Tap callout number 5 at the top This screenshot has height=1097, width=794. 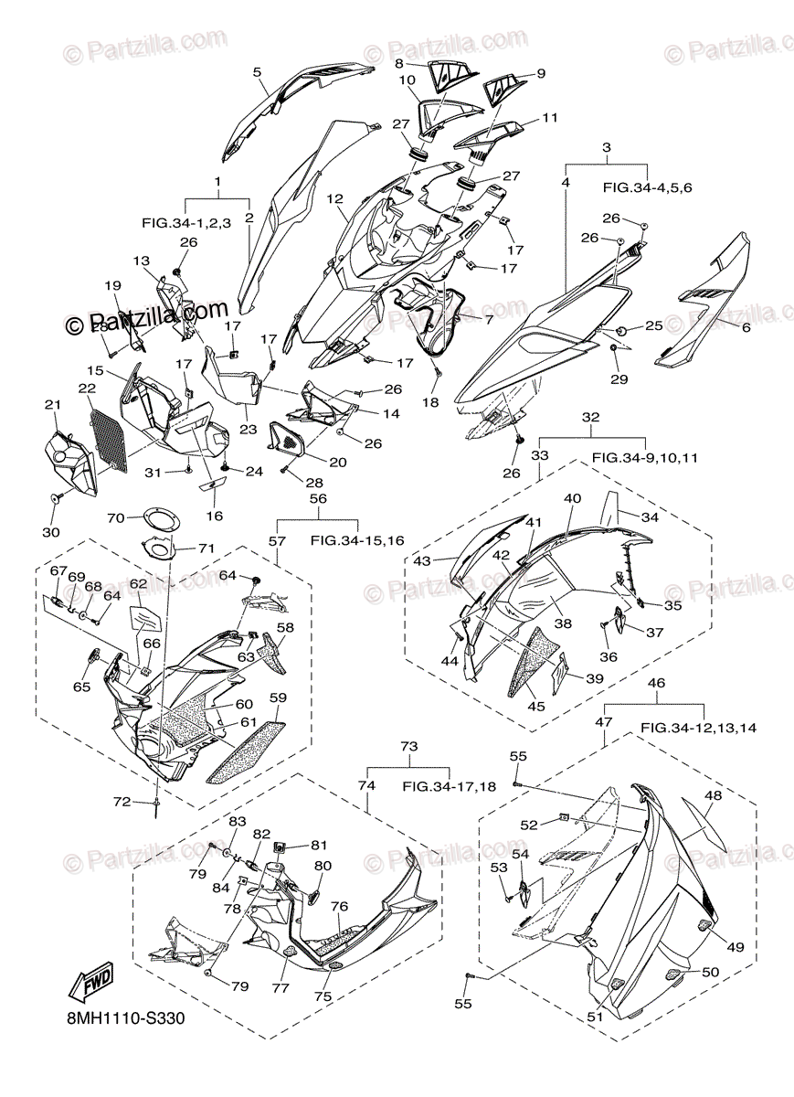tap(257, 71)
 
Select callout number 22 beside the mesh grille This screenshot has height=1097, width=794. tap(87, 389)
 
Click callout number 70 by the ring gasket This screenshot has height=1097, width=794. tap(116, 517)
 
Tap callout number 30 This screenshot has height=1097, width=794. tap(50, 532)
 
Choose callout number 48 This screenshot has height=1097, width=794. tap(712, 795)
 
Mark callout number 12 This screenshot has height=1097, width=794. tap(334, 198)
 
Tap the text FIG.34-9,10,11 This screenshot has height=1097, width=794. tap(644, 457)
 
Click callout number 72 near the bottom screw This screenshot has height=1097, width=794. tap(122, 802)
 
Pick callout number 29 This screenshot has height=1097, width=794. tap(621, 378)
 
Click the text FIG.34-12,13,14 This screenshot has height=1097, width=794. tap(698, 728)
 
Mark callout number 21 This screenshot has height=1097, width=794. tap(52, 405)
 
